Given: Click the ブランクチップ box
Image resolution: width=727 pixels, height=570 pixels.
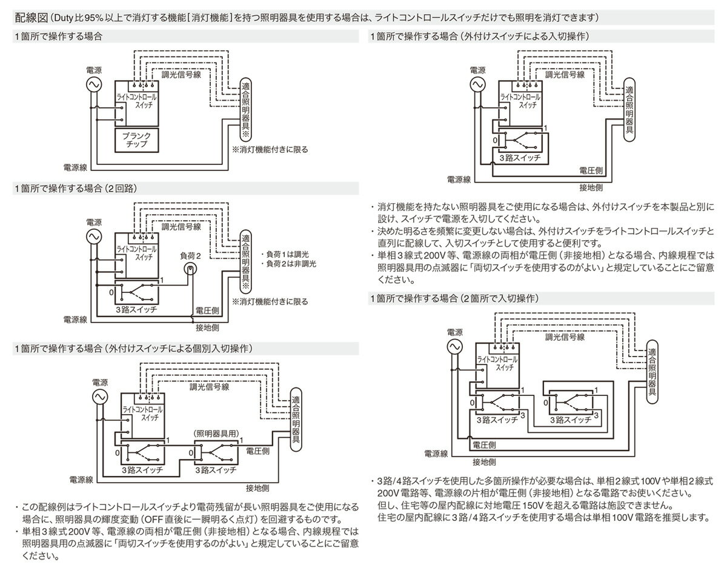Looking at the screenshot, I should (x=136, y=140).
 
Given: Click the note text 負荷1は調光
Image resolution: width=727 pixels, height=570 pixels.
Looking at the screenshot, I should (x=285, y=254).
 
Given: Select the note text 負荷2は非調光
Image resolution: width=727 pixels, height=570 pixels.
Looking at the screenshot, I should (x=289, y=264).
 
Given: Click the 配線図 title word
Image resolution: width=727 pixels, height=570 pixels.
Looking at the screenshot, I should (x=30, y=15).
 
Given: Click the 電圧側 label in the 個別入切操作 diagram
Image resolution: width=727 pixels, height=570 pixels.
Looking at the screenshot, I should (x=258, y=452).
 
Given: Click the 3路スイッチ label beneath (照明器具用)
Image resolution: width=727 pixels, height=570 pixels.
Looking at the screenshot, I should (x=216, y=470).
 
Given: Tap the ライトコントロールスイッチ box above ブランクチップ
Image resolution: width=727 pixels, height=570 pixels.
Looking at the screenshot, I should (x=136, y=100).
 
